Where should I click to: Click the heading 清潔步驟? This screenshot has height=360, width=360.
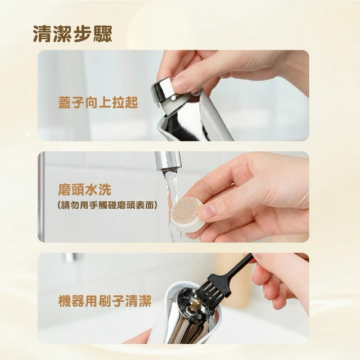point(73,34)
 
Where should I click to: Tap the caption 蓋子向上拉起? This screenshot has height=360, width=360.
point(98,102)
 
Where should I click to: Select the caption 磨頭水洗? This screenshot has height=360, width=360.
point(85,190)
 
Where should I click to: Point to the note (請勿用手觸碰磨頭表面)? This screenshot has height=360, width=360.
point(107,205)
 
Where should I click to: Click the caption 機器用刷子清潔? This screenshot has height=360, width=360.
point(105,301)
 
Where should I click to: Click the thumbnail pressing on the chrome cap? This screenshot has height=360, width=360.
point(181,84)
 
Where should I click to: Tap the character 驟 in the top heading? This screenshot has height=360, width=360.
point(102,34)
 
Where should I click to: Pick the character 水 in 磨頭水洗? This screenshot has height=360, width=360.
point(91,190)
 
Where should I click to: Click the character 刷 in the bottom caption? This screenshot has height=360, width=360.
point(105,301)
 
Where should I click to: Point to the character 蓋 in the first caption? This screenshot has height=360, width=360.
point(65,102)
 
